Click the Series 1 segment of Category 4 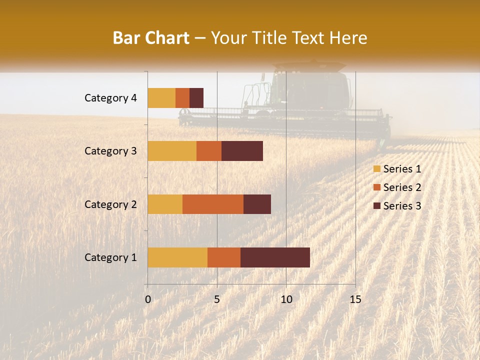coord(161,98)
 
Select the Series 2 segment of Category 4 coord(182,98)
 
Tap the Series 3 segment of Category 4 coord(196,98)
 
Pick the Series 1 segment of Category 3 coord(172,151)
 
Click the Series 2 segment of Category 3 coord(209,151)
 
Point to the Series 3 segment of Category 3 coord(242,151)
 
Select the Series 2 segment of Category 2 coord(213,204)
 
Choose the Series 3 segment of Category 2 coord(257,204)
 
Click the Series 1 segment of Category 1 coord(177,257)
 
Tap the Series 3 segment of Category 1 coord(275,257)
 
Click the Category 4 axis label coord(110,98)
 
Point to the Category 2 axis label coord(110,204)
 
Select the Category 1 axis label coord(110,257)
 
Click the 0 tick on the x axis coord(148,299)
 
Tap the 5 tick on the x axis coord(217,299)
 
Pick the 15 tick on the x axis coord(355,299)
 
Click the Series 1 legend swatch coord(376,169)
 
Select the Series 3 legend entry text coord(402,206)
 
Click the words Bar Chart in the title coord(151,38)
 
